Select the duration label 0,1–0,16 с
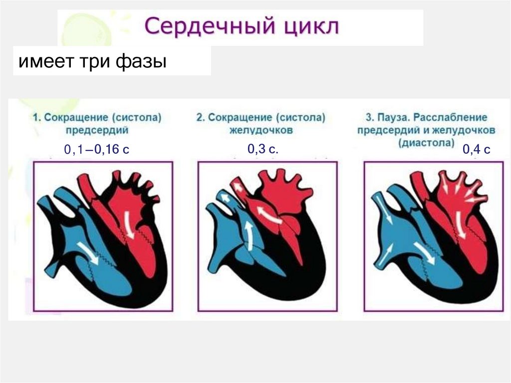tap(96, 149)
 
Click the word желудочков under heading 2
tap(260, 130)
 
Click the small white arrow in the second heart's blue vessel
tap(226, 199)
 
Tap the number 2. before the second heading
tap(200, 118)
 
